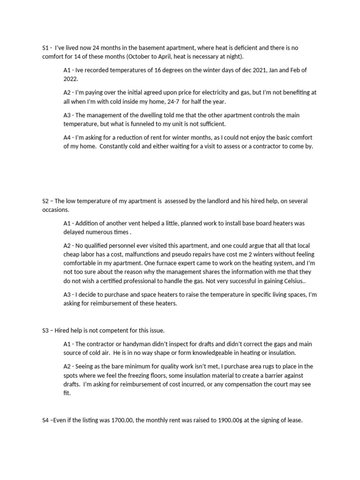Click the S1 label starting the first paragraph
click(45, 47)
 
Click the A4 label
click(67, 137)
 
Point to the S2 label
click(45, 201)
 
